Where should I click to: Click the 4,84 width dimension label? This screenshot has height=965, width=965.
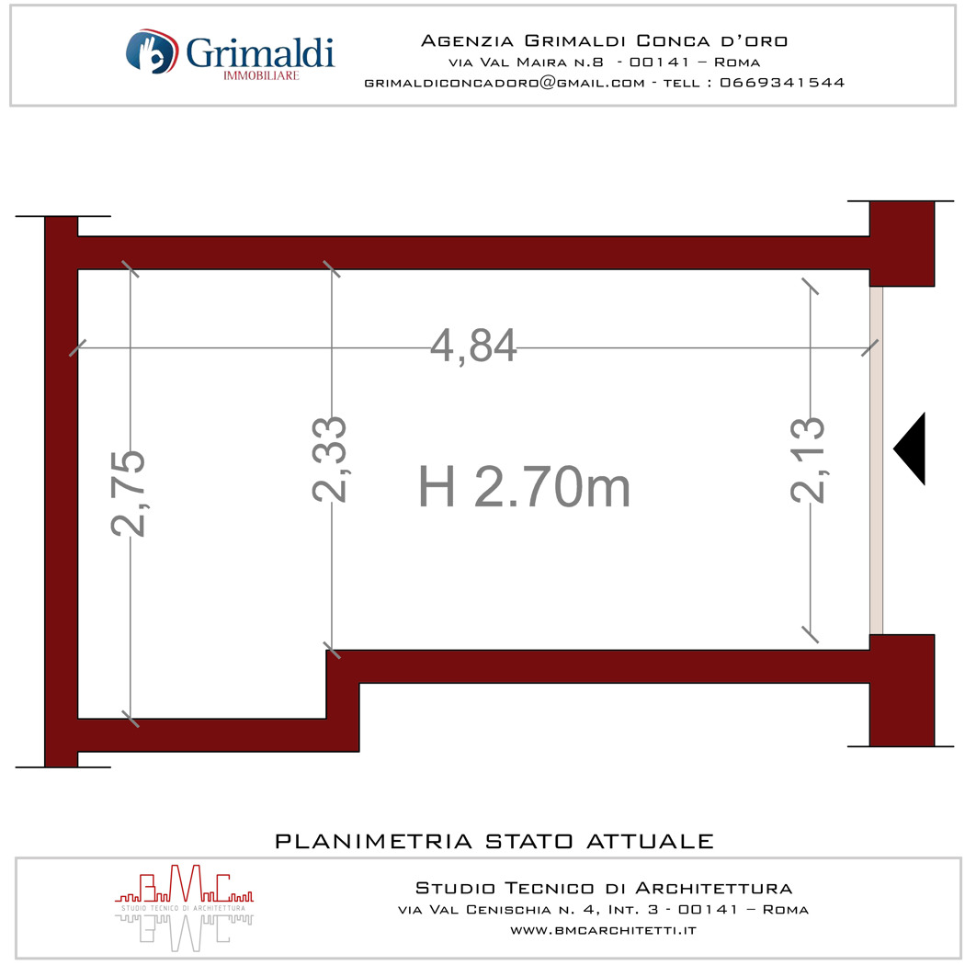click(x=472, y=346)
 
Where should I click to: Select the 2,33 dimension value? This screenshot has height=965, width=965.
click(x=329, y=460)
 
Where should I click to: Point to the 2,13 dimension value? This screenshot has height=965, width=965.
click(x=808, y=460)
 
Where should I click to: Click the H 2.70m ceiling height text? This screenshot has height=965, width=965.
click(x=525, y=487)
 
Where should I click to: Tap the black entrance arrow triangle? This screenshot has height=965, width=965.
click(x=910, y=448)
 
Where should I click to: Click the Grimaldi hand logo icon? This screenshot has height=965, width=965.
click(x=152, y=51)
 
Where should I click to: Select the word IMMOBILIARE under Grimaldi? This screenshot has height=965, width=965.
click(x=261, y=75)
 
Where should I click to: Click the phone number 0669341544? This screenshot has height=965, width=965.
click(x=782, y=83)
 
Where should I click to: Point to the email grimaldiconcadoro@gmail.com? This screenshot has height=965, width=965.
click(x=505, y=83)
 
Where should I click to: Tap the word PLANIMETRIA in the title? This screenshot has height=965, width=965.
click(x=373, y=841)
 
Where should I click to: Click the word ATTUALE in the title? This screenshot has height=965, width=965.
click(x=650, y=841)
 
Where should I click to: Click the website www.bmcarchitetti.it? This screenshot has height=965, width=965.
click(x=603, y=930)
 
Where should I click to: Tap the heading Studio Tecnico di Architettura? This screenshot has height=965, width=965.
click(x=604, y=888)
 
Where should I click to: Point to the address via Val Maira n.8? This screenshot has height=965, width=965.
click(x=527, y=62)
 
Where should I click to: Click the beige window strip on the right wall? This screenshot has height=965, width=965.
click(x=877, y=460)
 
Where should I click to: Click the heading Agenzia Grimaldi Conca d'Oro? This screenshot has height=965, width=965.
click(x=605, y=40)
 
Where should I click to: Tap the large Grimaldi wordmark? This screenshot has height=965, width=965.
click(x=260, y=53)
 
